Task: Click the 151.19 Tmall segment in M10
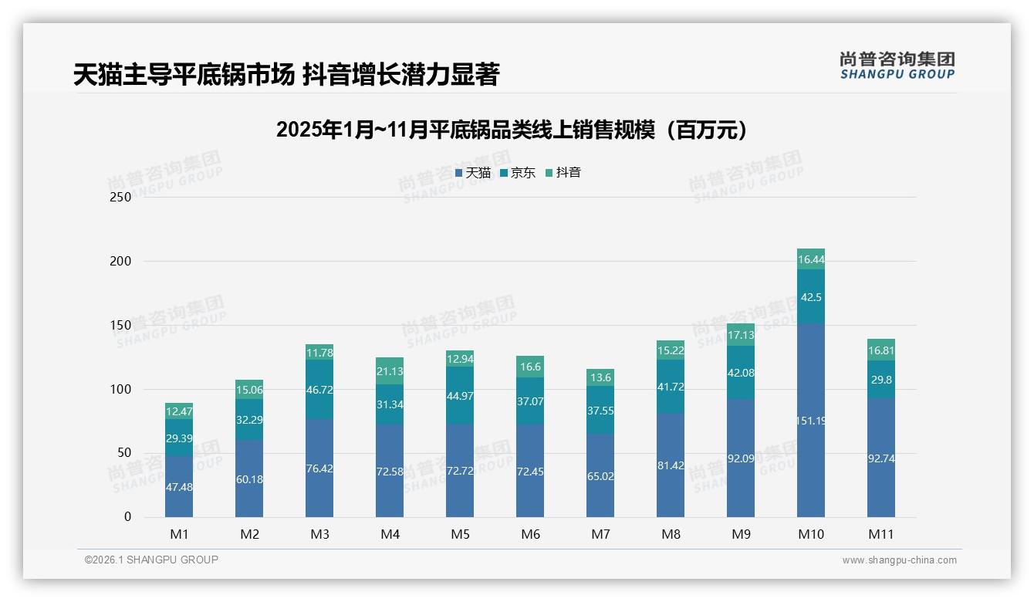pyautogui.click(x=810, y=421)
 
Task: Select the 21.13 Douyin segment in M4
pyautogui.click(x=390, y=371)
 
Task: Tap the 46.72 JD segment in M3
pyautogui.click(x=319, y=391)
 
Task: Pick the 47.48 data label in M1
pyautogui.click(x=179, y=487)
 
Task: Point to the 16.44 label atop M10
pyautogui.click(x=810, y=260)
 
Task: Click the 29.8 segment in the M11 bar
pyautogui.click(x=881, y=380)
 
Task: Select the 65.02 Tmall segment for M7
pyautogui.click(x=600, y=476)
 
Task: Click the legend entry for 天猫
pyautogui.click(x=473, y=173)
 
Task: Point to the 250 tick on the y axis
pyautogui.click(x=121, y=197)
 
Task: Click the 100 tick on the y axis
pyautogui.click(x=121, y=389)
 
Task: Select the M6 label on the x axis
pyautogui.click(x=530, y=534)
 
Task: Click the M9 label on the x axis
pyautogui.click(x=741, y=534)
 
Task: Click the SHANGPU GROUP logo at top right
pyautogui.click(x=897, y=66)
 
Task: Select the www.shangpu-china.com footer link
pyautogui.click(x=899, y=560)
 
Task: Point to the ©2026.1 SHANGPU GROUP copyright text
pyautogui.click(x=151, y=560)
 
